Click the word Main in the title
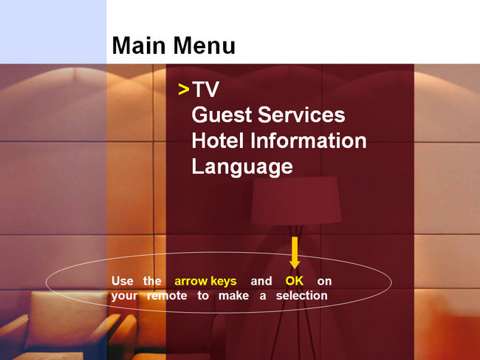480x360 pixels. click(x=139, y=45)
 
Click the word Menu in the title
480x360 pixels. click(x=205, y=45)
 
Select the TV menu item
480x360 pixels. click(x=205, y=89)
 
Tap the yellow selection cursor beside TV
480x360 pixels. click(x=184, y=89)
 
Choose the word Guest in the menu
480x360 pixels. click(x=222, y=115)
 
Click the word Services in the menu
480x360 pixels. click(x=301, y=115)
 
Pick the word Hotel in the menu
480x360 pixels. click(x=218, y=140)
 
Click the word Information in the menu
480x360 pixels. click(x=308, y=140)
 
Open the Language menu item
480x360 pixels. click(x=242, y=167)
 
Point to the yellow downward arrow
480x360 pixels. click(x=295, y=253)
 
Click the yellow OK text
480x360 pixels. click(x=294, y=281)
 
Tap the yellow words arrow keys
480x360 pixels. click(x=205, y=281)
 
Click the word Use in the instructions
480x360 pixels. click(x=123, y=281)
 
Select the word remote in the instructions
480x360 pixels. click(x=167, y=296)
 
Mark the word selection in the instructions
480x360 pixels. click(x=301, y=296)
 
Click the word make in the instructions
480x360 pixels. click(x=233, y=296)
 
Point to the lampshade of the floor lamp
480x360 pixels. click(x=296, y=200)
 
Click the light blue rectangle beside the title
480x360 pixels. click(x=53, y=32)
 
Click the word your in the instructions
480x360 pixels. click(x=124, y=296)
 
